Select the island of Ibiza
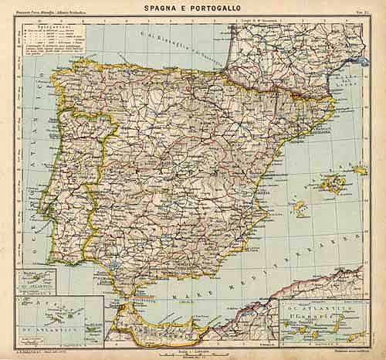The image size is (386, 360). [299, 209]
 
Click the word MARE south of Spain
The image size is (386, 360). [201, 294]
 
